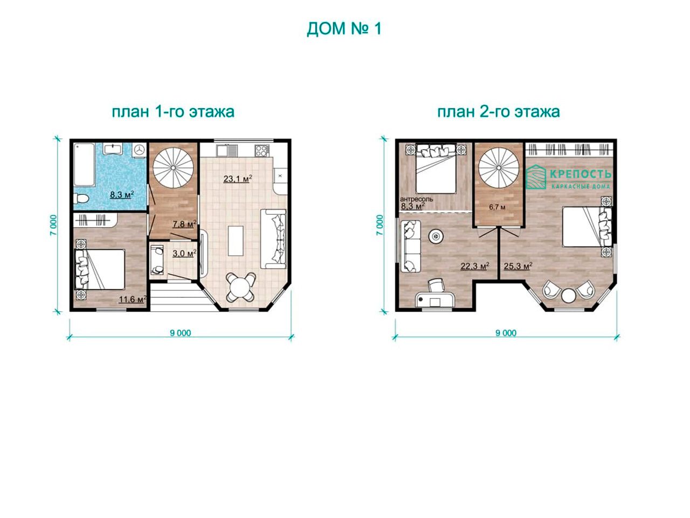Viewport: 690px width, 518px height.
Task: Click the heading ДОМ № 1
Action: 344,29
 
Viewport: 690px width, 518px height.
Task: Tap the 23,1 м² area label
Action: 238,179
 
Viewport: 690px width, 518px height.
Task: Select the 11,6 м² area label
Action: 133,299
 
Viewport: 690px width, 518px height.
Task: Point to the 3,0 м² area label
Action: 184,253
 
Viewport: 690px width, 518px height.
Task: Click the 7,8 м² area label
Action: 184,224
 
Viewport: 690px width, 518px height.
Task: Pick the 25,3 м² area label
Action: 518,266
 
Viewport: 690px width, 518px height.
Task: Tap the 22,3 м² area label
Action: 475,266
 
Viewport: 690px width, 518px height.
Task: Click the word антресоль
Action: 417,199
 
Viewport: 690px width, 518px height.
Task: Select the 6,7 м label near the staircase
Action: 497,207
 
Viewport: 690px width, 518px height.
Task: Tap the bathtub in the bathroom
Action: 84,165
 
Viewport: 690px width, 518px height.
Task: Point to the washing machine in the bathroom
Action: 139,149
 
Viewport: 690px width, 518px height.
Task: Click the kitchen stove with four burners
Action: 261,151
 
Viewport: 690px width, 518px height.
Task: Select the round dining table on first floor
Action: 241,287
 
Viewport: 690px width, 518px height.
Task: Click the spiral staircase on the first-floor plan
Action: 173,168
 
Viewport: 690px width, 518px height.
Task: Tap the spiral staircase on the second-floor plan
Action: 499,168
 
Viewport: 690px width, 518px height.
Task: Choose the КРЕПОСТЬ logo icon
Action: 536,177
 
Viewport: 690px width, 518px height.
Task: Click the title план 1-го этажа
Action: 173,112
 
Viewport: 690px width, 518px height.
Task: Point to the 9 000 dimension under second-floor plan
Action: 506,333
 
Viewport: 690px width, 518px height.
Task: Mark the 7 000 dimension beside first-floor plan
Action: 54,225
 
